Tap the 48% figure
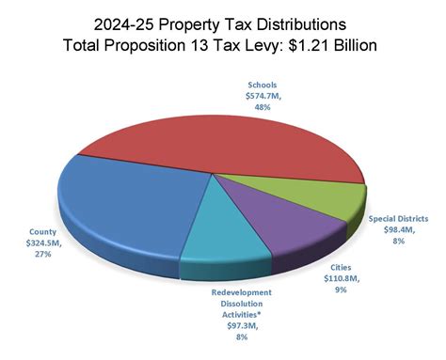253,108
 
